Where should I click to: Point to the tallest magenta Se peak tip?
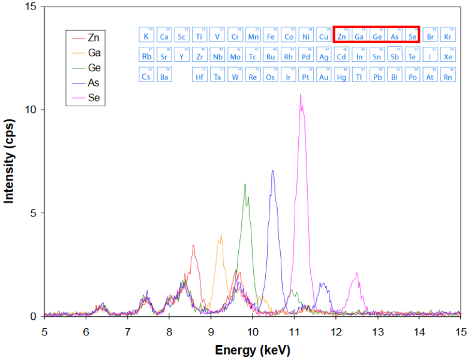[300, 94]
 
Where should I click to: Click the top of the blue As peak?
[273, 170]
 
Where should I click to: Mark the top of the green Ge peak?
[245, 184]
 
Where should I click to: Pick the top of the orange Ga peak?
[221, 235]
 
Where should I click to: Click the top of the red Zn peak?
[193, 245]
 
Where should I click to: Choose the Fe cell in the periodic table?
[271, 36]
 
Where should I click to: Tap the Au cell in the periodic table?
[324, 76]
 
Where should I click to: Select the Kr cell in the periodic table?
[448, 36]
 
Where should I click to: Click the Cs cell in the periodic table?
[146, 76]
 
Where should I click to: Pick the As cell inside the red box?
[394, 36]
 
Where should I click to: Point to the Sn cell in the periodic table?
[377, 56]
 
